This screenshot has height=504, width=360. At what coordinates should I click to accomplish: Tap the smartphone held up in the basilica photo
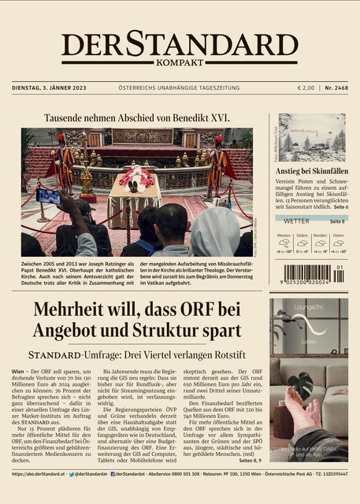coord(48,196)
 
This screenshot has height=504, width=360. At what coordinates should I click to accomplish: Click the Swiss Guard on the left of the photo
coord(64,161)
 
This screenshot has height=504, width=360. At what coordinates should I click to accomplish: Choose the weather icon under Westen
coord(284,243)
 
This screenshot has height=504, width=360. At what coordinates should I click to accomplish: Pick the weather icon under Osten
coord(338,243)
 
